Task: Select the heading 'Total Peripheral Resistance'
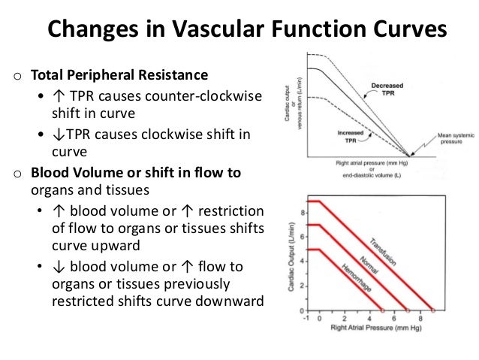pyautogui.click(x=120, y=76)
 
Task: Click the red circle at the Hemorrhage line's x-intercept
pyautogui.click(x=381, y=310)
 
